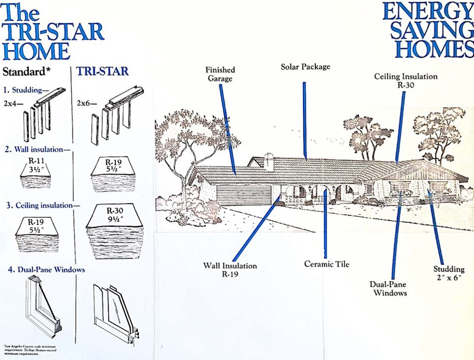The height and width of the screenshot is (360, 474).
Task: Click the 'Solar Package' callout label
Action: click(305, 67)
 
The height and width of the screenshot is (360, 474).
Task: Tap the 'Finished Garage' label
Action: click(220, 74)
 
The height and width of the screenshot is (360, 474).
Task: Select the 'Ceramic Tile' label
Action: click(326, 264)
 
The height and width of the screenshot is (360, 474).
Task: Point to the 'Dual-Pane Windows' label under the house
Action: click(388, 288)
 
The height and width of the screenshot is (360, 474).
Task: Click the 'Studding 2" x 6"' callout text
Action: click(448, 273)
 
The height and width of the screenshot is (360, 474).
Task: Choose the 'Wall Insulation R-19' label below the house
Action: click(230, 270)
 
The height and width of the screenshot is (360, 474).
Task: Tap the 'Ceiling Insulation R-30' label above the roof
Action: click(406, 80)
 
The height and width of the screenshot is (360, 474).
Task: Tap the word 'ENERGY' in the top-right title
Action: click(427, 12)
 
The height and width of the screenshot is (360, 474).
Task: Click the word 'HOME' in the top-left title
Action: click(36, 50)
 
